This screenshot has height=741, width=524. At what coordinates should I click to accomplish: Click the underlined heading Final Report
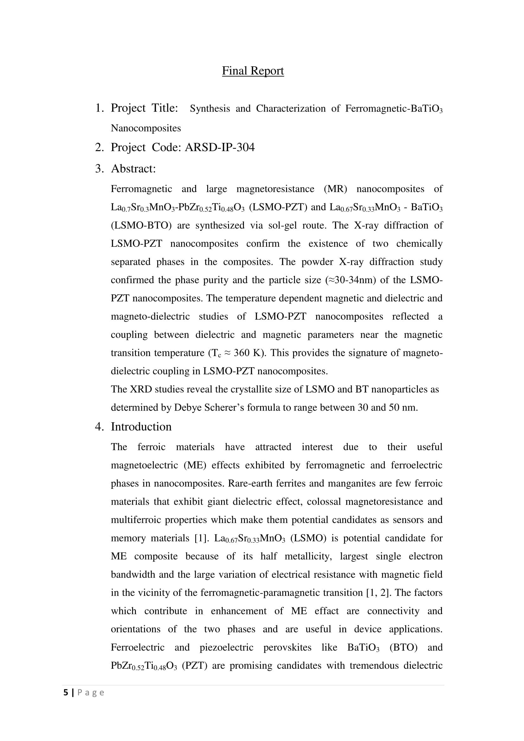[252, 71]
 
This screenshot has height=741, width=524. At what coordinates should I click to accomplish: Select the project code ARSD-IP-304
[220, 147]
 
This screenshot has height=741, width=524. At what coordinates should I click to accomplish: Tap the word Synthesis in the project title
[210, 109]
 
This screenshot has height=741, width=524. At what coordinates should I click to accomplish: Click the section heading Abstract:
[133, 169]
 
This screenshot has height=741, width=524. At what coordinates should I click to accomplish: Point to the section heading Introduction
[141, 427]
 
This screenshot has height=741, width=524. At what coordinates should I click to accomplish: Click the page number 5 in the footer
[66, 693]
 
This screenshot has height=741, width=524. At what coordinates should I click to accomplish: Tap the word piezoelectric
[226, 648]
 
